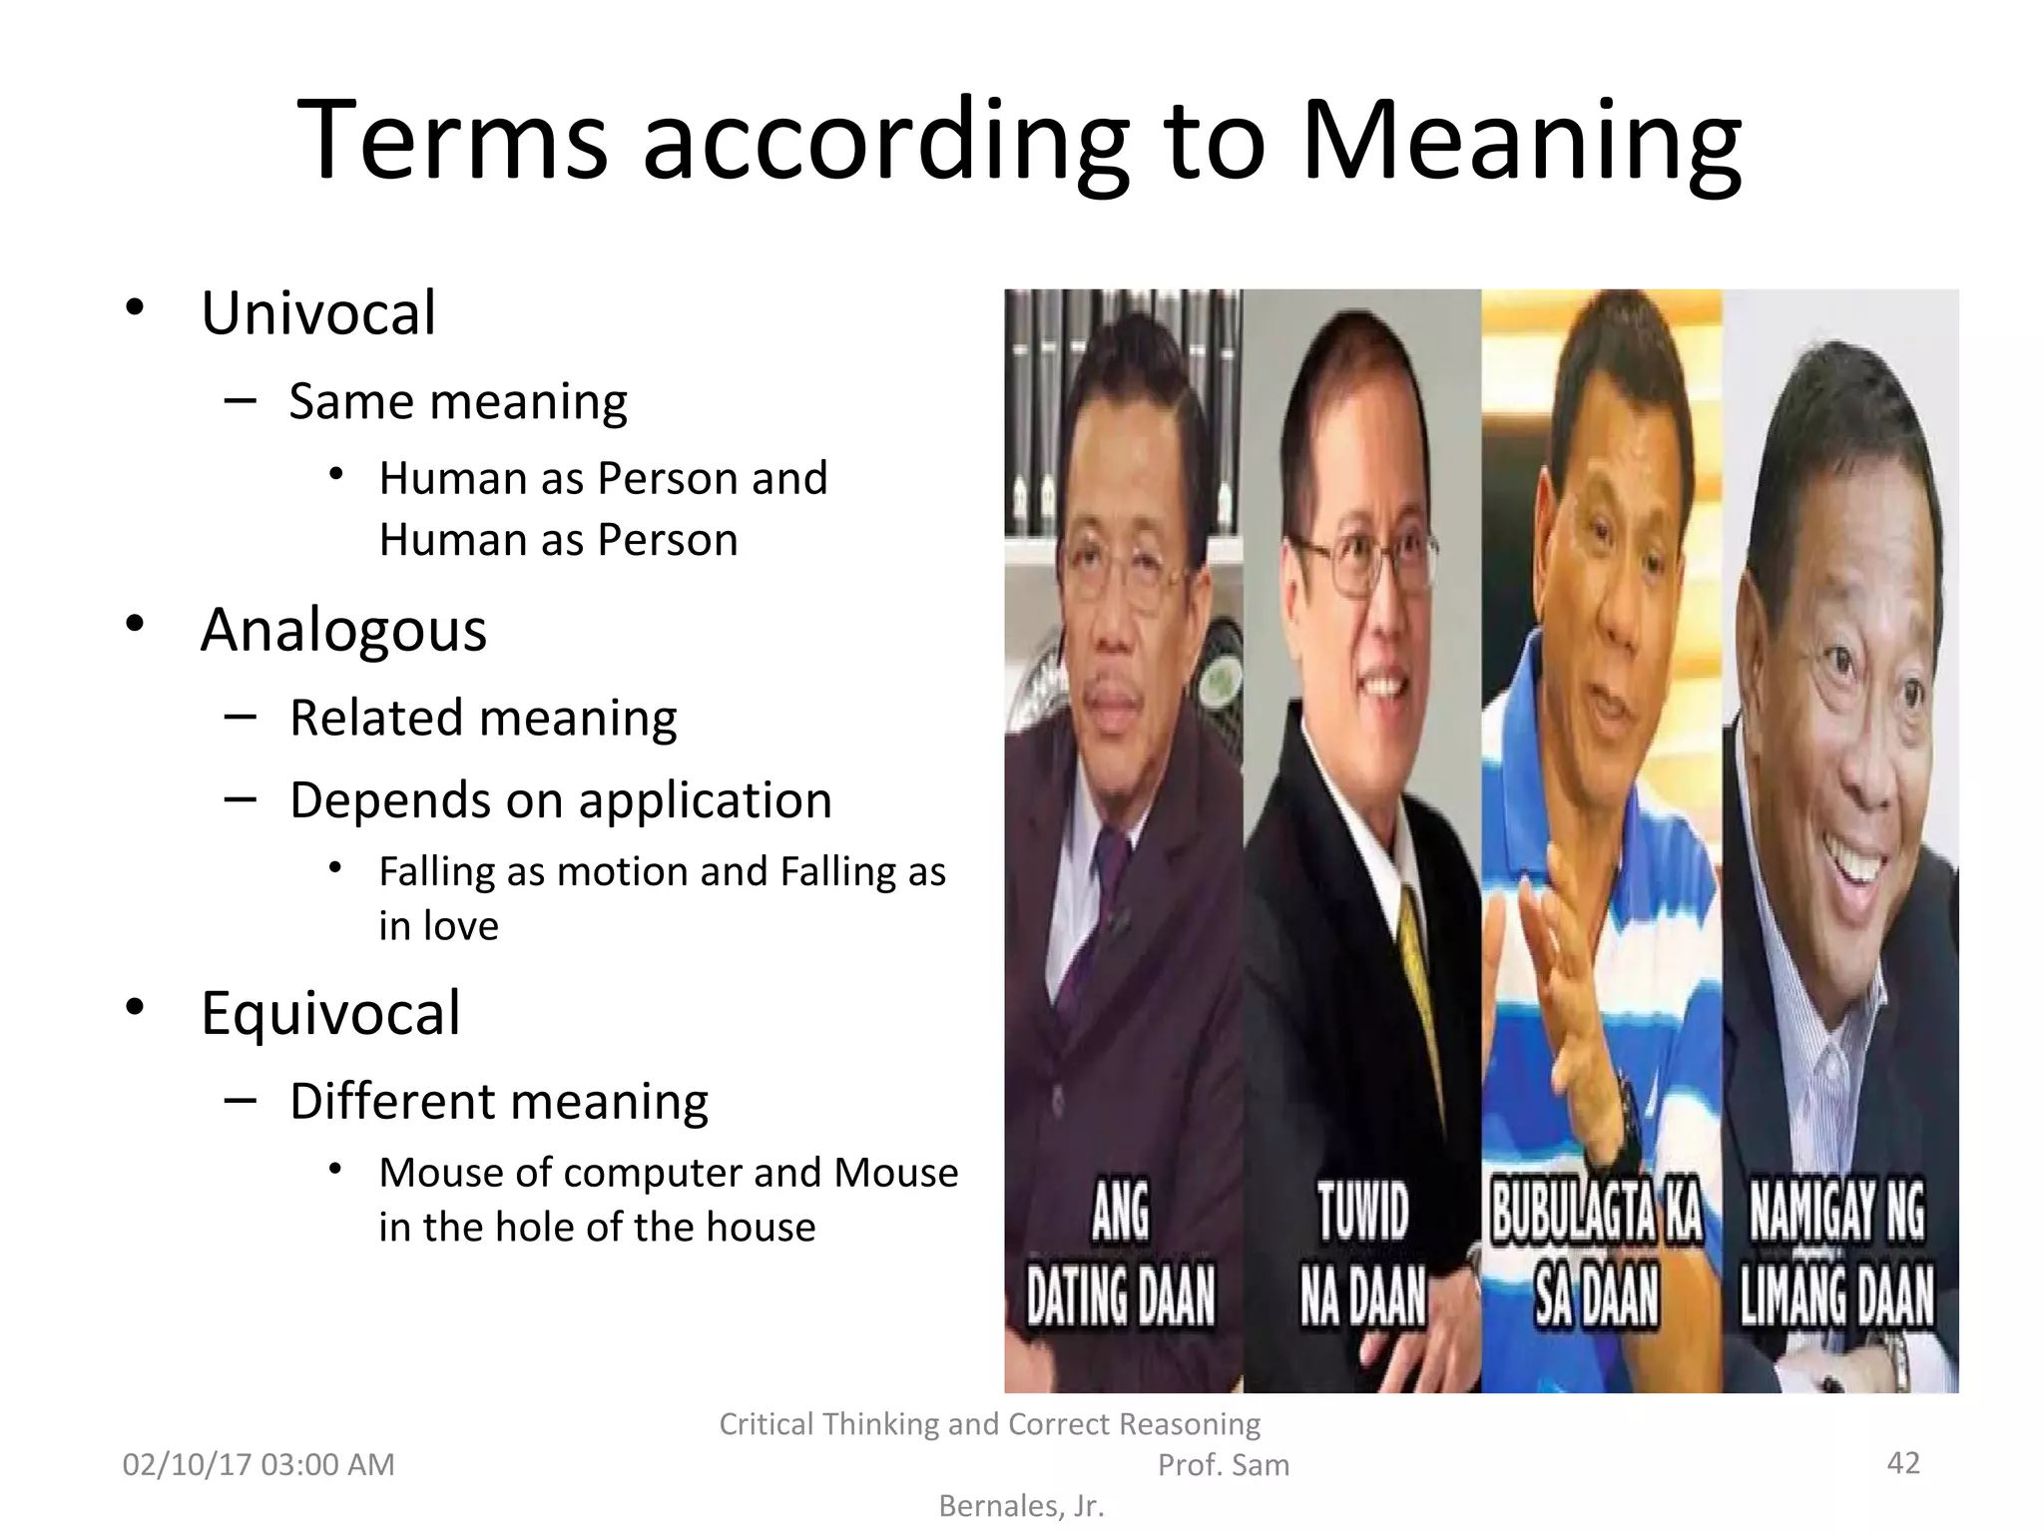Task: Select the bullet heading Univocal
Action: tap(318, 313)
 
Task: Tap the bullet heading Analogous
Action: tap(343, 631)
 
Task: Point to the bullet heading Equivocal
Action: tap(330, 1013)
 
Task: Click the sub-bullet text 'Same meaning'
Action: tap(458, 402)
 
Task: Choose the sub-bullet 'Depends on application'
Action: tap(560, 800)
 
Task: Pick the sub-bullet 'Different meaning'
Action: tap(499, 1102)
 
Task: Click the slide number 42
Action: tap(1903, 1463)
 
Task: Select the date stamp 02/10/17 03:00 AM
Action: tap(258, 1465)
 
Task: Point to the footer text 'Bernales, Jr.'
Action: tap(1021, 1506)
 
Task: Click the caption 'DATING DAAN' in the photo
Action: tap(1121, 1296)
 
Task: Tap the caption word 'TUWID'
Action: tap(1362, 1212)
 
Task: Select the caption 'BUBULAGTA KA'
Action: tap(1597, 1212)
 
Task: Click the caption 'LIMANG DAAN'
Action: tap(1837, 1296)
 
